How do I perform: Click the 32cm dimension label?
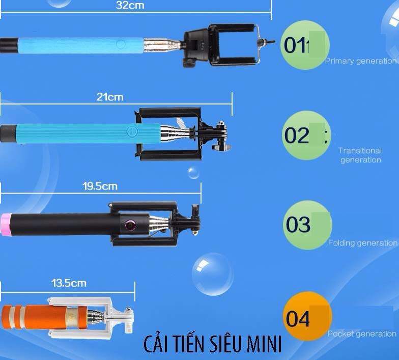pos(130,5)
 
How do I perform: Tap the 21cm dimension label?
pos(110,97)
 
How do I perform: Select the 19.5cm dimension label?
pos(100,186)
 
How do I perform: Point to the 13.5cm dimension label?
pos(69,283)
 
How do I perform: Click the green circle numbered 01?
pos(305,45)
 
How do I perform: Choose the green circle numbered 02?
pos(306,135)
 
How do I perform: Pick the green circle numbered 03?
pos(307,225)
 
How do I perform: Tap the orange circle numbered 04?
pos(307,316)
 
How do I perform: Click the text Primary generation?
pos(361,61)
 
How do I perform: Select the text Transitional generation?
pos(360,155)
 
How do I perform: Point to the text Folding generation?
pos(363,243)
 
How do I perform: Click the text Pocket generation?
pos(362,334)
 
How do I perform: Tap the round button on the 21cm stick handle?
pos(132,131)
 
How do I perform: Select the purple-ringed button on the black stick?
pos(130,225)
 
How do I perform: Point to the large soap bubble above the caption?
pos(213,274)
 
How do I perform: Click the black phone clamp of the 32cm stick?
pos(221,45)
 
